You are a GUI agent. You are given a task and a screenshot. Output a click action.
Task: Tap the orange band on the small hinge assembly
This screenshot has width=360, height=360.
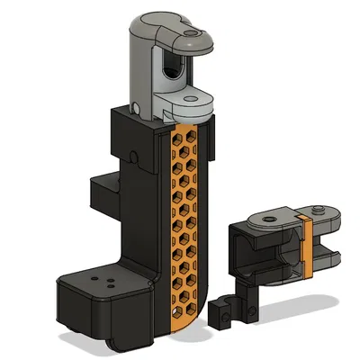307,243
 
